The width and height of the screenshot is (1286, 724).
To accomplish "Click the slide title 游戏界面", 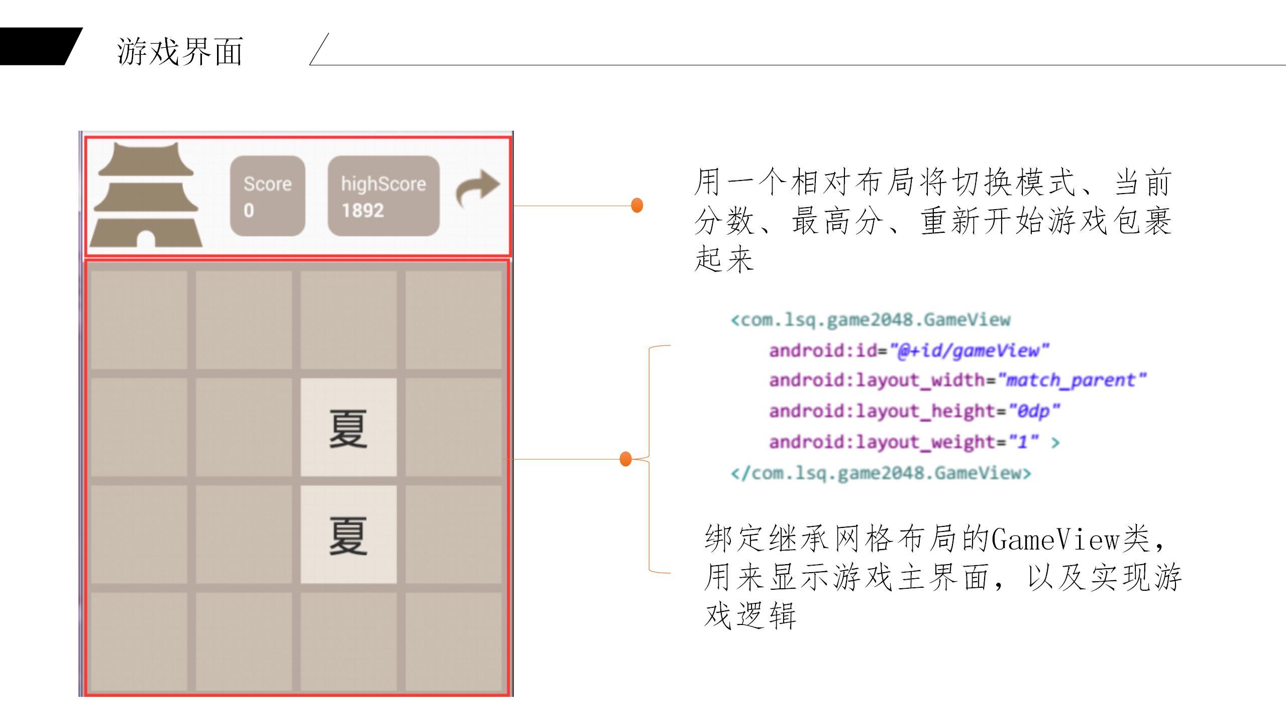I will click(x=180, y=51).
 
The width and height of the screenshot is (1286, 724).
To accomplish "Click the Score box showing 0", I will click(x=267, y=196).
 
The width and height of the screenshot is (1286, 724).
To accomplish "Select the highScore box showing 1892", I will click(x=383, y=196).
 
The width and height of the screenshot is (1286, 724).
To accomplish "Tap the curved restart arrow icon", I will click(x=477, y=188).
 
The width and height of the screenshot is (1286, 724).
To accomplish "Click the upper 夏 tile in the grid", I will click(x=348, y=428).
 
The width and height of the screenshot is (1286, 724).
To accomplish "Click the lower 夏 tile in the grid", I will click(x=348, y=535).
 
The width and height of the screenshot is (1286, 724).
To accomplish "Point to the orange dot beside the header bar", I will click(x=637, y=205).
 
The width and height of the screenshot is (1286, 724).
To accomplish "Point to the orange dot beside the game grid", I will click(x=625, y=459).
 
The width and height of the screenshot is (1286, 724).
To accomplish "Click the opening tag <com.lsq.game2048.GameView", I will click(x=871, y=320).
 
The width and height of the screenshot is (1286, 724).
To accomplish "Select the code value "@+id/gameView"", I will click(x=970, y=350).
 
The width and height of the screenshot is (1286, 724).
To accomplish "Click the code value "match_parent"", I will click(x=1072, y=381).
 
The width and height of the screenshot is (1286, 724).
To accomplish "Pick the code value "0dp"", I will click(x=1034, y=411).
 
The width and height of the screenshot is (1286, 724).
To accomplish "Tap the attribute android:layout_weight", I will click(x=882, y=442).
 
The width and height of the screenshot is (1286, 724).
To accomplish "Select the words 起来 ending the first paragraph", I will click(x=724, y=259).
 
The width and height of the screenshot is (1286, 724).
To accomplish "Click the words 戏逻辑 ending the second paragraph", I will click(x=750, y=615).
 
